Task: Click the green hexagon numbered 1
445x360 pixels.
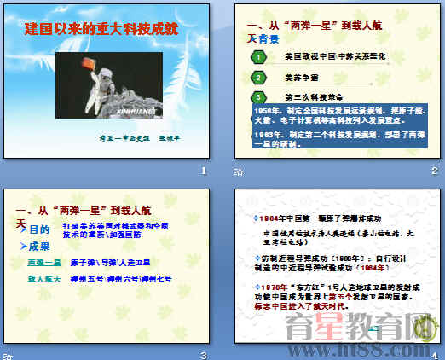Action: click(x=258, y=56)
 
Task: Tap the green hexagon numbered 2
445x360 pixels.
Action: click(x=258, y=77)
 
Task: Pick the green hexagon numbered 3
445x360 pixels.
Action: click(x=258, y=96)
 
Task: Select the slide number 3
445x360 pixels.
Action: click(x=203, y=354)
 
